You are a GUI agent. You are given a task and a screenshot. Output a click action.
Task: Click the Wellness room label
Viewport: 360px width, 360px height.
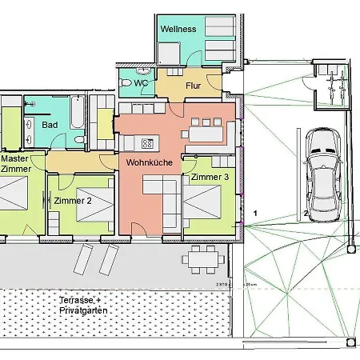click(178, 29)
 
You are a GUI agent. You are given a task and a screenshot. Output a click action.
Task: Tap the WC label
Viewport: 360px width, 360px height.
click(141, 82)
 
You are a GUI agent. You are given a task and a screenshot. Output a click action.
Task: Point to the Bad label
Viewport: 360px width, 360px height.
click(50, 126)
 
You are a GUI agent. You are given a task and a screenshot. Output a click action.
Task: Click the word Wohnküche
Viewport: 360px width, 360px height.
click(145, 162)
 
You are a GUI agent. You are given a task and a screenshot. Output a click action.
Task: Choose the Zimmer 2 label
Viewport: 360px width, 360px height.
click(73, 201)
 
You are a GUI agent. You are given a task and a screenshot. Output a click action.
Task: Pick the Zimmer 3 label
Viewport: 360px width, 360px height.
click(210, 176)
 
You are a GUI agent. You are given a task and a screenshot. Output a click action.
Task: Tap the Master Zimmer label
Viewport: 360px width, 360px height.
click(16, 164)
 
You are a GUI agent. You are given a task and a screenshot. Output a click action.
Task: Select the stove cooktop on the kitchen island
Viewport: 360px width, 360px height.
click(146, 144)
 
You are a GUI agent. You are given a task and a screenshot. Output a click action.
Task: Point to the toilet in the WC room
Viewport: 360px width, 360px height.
click(126, 82)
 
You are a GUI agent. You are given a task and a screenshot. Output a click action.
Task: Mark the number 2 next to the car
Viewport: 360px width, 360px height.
click(306, 214)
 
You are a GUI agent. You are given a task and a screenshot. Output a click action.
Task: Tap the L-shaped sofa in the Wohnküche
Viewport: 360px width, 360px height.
click(164, 200)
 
